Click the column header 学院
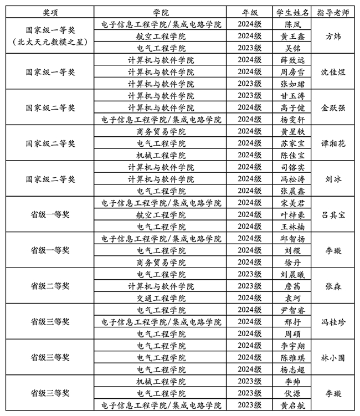pos(161,12)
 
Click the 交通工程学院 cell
pos(161,298)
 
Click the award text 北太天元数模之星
pos(50,42)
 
